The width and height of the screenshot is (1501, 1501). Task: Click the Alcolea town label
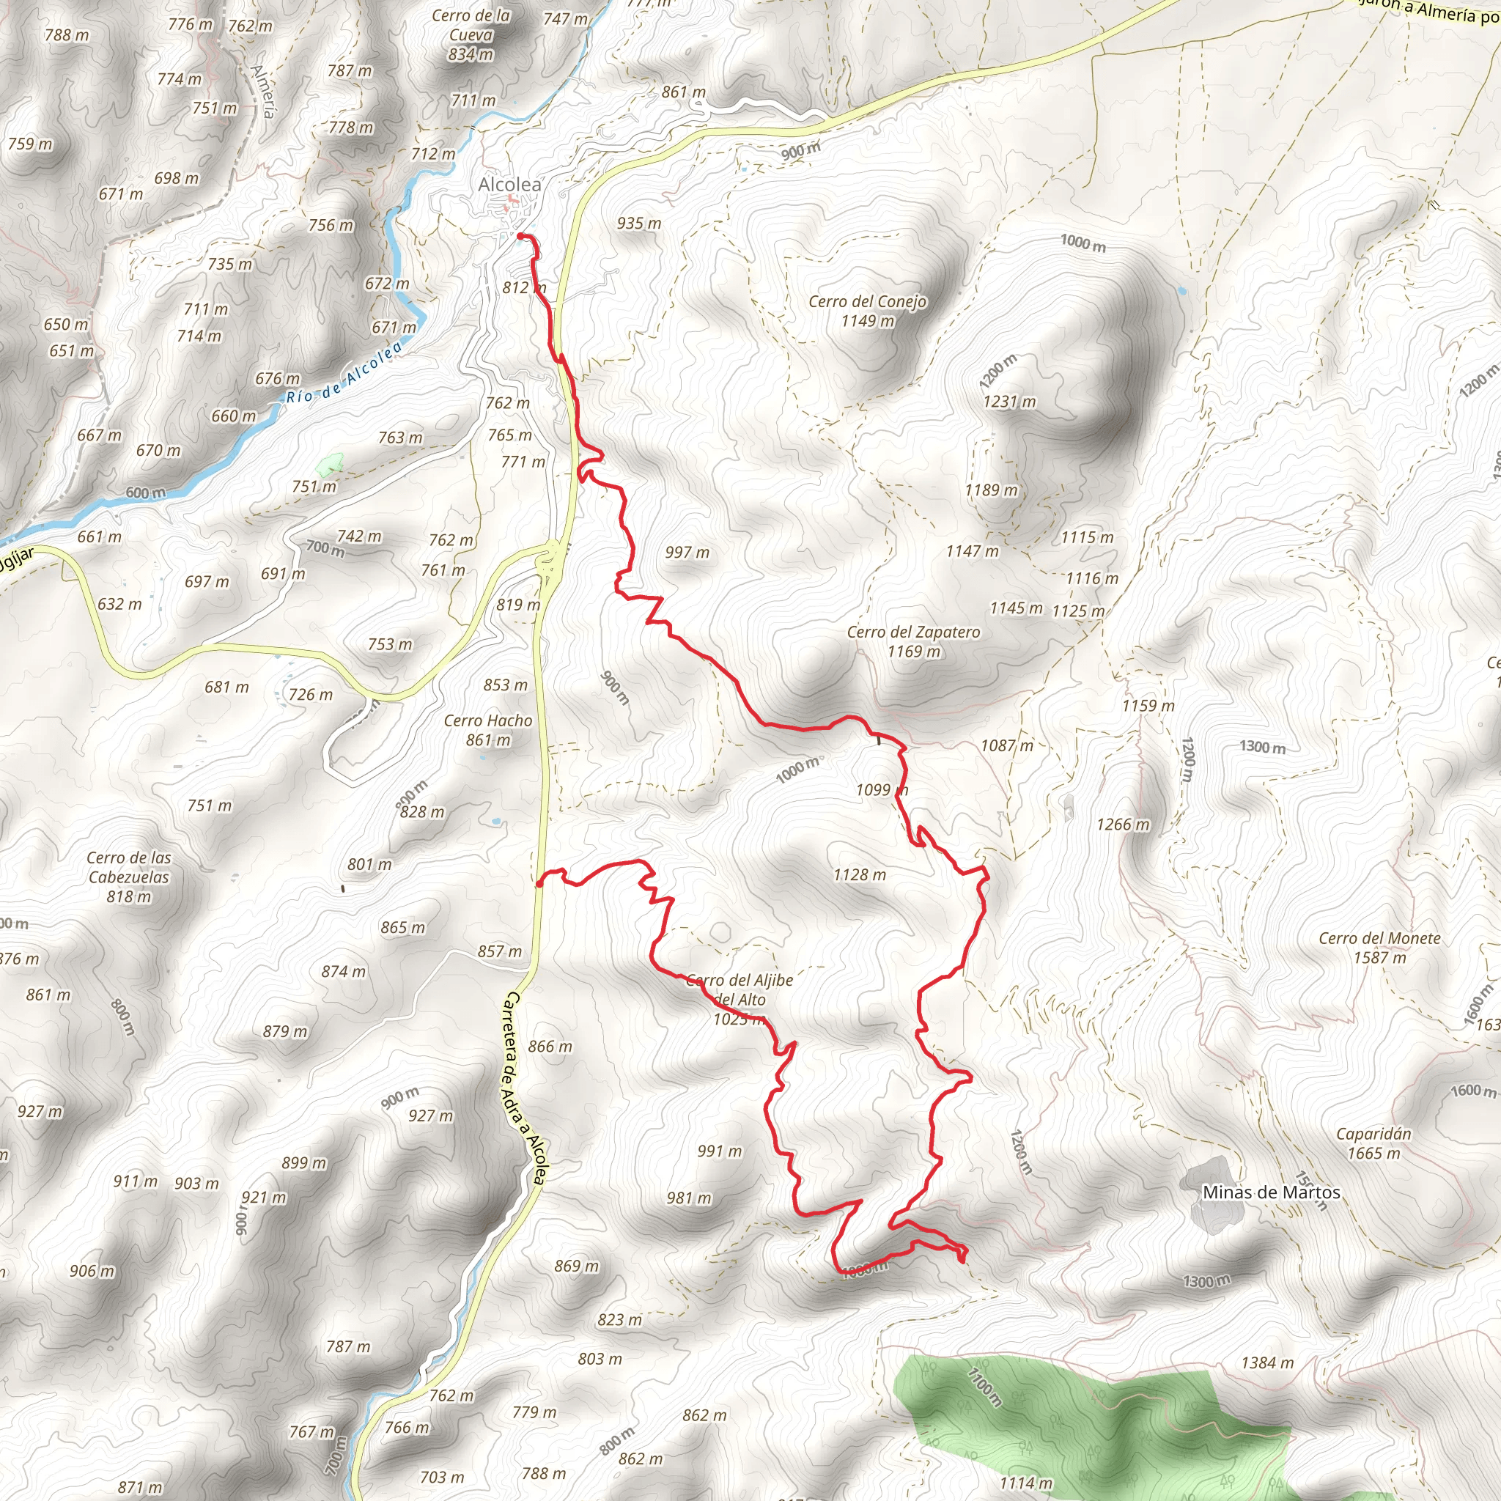tap(509, 184)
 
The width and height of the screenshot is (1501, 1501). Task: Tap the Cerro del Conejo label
tap(867, 311)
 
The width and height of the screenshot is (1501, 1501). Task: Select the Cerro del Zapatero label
tap(913, 641)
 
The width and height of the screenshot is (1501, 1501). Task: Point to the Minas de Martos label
tap(1271, 1192)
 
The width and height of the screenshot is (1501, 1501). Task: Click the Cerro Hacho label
tap(488, 729)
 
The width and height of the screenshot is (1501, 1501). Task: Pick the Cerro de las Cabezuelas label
tap(128, 877)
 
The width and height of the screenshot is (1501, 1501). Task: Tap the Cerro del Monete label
tap(1379, 947)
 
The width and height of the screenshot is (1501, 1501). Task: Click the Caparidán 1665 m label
tap(1373, 1143)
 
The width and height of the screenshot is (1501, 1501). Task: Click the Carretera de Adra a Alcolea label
tap(526, 1088)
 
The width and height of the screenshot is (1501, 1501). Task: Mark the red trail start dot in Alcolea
tap(520, 235)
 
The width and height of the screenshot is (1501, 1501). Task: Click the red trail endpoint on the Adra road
tap(539, 883)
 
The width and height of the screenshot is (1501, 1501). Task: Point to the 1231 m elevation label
tap(1009, 402)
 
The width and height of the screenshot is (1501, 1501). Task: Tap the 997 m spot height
tap(687, 553)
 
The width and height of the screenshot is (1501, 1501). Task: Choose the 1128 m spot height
tap(859, 875)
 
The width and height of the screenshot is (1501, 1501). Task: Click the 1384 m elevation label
tap(1267, 1362)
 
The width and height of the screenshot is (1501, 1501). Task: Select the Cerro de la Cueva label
tap(471, 35)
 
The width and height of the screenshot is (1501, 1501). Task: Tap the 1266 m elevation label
tap(1123, 825)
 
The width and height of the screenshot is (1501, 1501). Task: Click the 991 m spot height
tap(719, 1151)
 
